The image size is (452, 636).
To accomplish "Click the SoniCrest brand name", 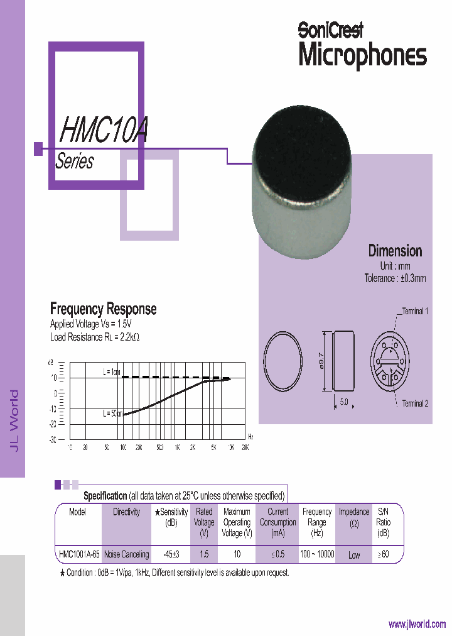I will pyautogui.click(x=330, y=29).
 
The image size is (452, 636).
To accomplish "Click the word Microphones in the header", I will pyautogui.click(x=362, y=55).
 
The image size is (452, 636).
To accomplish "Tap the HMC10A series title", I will pyautogui.click(x=103, y=129).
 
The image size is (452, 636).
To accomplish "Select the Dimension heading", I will pyautogui.click(x=395, y=251).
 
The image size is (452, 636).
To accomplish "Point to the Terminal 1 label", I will pyautogui.click(x=415, y=311).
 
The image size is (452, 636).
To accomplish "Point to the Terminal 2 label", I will pyautogui.click(x=415, y=403).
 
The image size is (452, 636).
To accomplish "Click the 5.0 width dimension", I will pyautogui.click(x=343, y=402).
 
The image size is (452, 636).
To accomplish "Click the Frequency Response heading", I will pyautogui.click(x=103, y=309).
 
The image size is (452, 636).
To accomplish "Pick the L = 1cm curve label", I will pyautogui.click(x=112, y=372).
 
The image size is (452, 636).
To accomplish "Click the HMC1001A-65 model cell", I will pyautogui.click(x=78, y=554).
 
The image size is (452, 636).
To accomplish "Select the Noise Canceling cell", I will pyautogui.click(x=126, y=554).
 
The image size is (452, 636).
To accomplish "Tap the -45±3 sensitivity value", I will pyautogui.click(x=171, y=554).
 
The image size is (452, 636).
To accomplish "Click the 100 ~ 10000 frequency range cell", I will pyautogui.click(x=317, y=554).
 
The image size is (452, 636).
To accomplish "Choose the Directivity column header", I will pyautogui.click(x=126, y=512).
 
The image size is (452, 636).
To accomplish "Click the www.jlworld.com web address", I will pyautogui.click(x=417, y=624).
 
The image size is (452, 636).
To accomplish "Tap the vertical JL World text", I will pyautogui.click(x=14, y=420).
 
